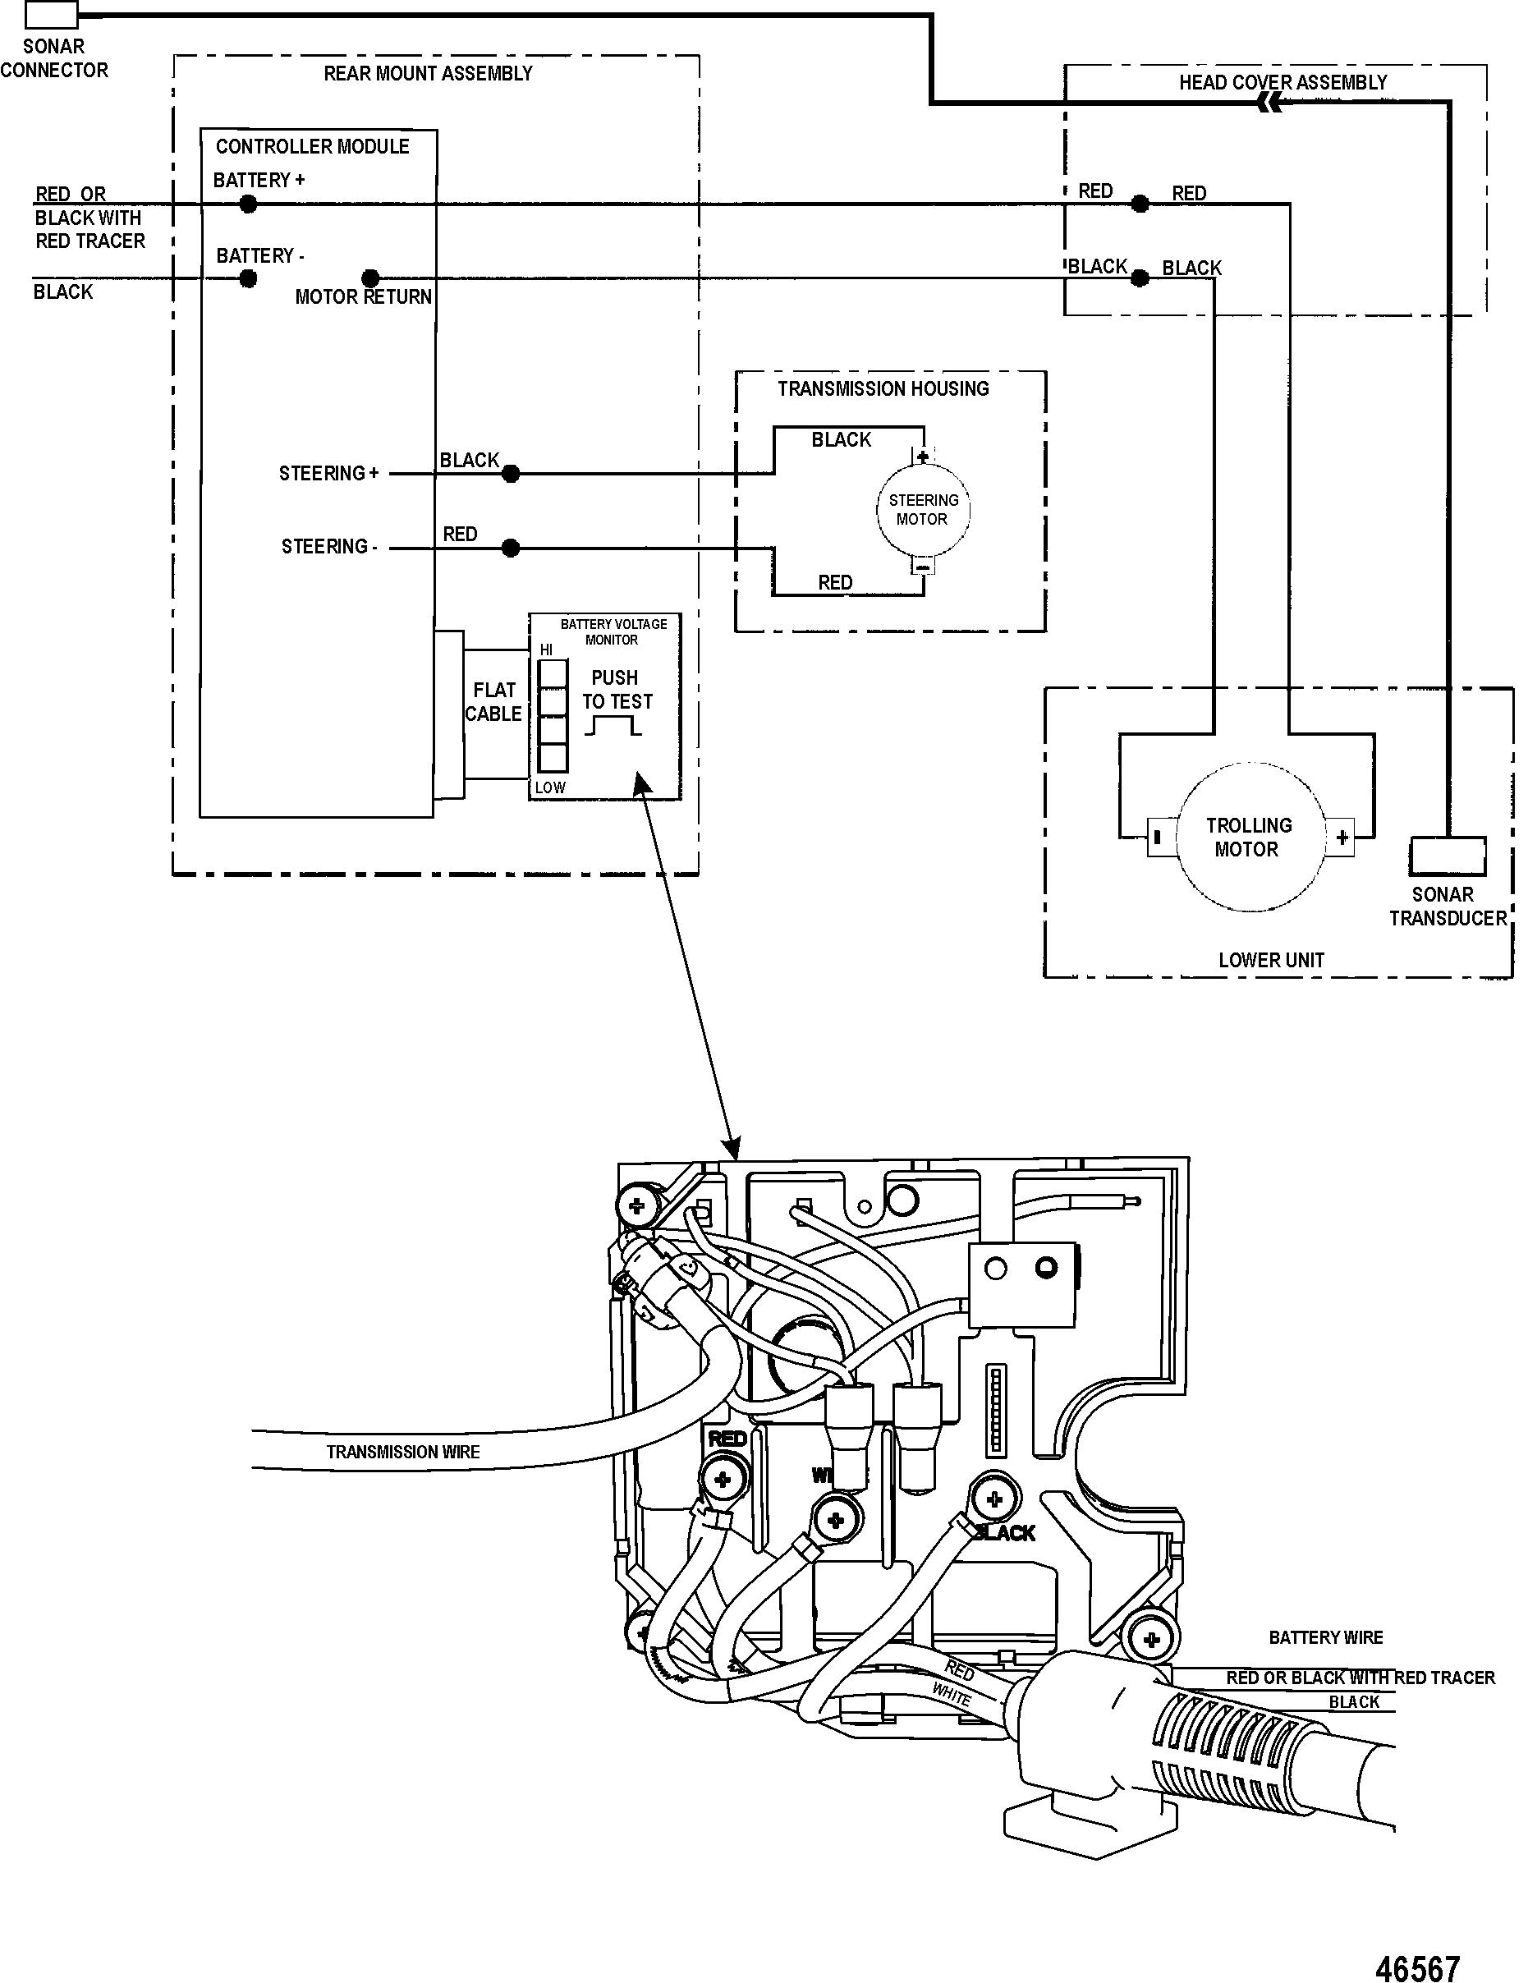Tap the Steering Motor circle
(922, 509)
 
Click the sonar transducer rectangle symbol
(1448, 856)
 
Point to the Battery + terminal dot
(248, 205)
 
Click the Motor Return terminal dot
(370, 278)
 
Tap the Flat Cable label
(494, 702)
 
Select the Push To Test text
(617, 690)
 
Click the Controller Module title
(312, 147)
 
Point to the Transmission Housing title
(883, 389)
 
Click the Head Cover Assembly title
(1283, 83)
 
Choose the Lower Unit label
(1271, 960)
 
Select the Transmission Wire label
(402, 1453)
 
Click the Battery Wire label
(1325, 1638)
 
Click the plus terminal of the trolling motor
(1342, 838)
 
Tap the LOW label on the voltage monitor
(550, 788)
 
